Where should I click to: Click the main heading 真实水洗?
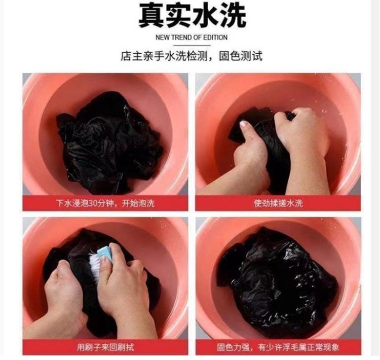point(192,16)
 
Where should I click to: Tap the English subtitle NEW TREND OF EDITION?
point(192,38)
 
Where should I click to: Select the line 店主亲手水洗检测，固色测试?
point(192,56)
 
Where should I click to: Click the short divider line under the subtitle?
point(192,45)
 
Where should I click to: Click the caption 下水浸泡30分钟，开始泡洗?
point(105,203)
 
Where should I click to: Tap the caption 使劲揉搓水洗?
point(278,203)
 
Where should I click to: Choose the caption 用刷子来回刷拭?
point(105,347)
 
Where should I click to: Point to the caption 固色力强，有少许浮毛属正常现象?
point(278,347)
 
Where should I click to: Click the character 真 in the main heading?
point(151,16)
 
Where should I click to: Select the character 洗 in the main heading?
point(233,16)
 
